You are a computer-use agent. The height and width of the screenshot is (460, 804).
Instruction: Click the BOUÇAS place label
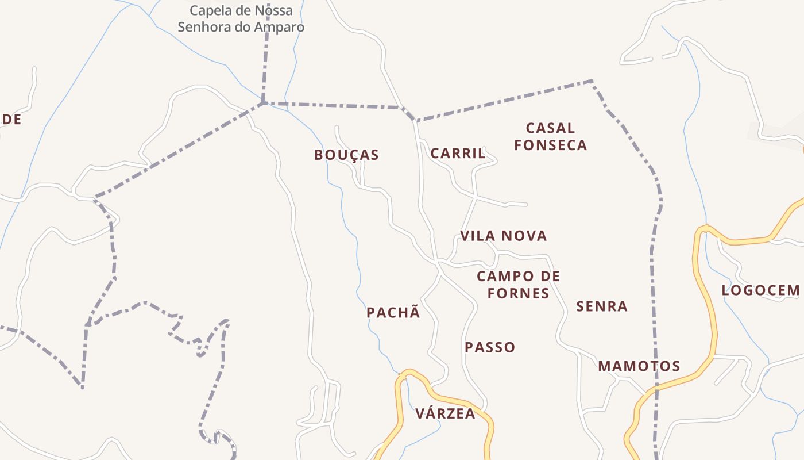coord(346,155)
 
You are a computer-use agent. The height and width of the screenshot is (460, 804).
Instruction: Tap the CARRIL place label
coord(458,154)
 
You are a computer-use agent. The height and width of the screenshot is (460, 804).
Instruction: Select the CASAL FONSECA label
coord(550,136)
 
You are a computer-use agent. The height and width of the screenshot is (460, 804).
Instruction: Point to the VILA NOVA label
coord(503,236)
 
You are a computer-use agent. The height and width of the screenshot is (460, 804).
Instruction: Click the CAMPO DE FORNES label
coord(518,285)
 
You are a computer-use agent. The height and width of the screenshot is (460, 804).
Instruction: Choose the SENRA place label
coord(601,306)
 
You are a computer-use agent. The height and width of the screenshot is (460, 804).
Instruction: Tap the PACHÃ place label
coord(393,313)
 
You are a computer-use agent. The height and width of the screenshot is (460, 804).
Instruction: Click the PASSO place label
coord(490,347)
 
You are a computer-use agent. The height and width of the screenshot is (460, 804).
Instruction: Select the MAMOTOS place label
coord(639,366)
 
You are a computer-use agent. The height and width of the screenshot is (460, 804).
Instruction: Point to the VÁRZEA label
coord(445,413)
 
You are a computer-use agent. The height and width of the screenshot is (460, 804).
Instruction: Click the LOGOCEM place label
coord(760,290)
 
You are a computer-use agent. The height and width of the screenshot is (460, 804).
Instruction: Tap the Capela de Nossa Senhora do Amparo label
coord(241,18)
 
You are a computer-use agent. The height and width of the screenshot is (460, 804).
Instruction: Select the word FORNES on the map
coord(518,293)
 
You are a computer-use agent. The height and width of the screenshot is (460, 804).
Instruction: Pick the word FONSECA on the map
coord(550,145)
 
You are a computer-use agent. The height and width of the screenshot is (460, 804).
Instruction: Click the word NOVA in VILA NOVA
coord(523,236)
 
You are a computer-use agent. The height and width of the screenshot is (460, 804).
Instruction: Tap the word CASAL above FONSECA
coord(550,128)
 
